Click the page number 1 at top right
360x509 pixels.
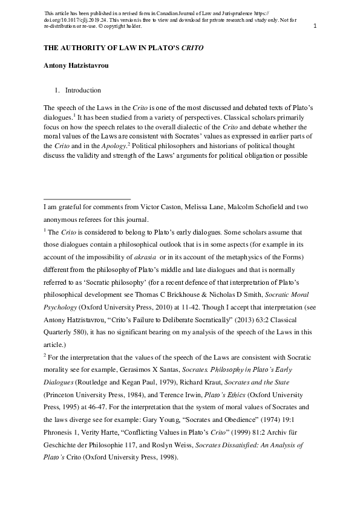click(x=315, y=26)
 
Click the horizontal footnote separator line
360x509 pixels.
click(x=87, y=198)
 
